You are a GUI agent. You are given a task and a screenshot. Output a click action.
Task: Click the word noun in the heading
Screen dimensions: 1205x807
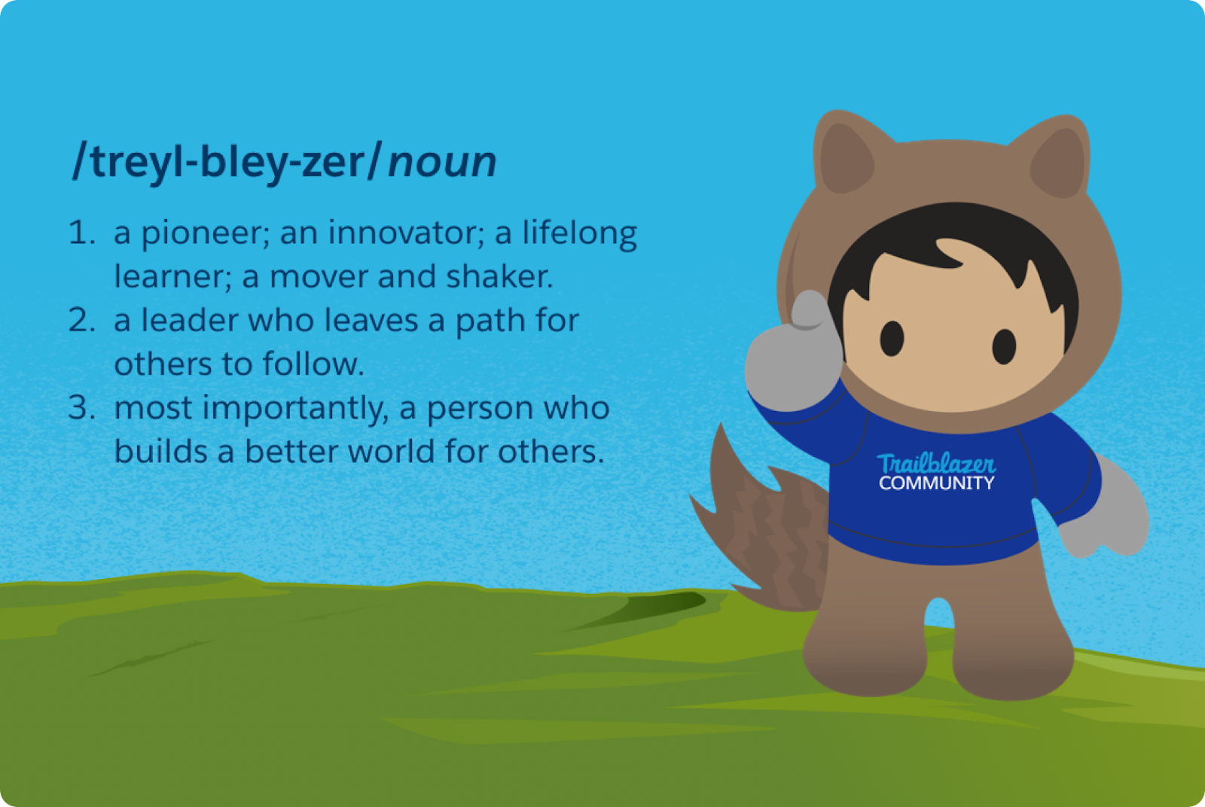coord(442,162)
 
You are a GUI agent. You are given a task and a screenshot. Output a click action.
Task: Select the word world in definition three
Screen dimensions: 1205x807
coord(391,450)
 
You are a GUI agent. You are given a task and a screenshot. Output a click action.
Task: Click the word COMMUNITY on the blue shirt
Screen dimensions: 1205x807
coord(937,483)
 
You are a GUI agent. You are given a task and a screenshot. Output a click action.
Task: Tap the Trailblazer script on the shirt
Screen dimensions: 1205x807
coord(936,464)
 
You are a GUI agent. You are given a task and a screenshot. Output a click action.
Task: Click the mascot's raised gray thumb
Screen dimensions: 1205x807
coord(810,309)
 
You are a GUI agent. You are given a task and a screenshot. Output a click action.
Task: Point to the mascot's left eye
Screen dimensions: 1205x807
coord(892,338)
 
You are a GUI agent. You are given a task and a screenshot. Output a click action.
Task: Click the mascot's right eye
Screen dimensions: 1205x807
coord(1004,347)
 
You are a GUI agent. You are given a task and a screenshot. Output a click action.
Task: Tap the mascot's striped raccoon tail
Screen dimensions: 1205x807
coord(764,527)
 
